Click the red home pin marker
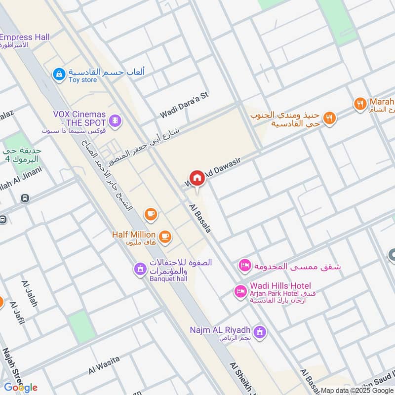pyautogui.click(x=197, y=179)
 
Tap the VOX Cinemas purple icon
pyautogui.click(x=115, y=120)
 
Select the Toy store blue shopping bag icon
pyautogui.click(x=59, y=75)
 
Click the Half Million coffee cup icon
pyautogui.click(x=165, y=237)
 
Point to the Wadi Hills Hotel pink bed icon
pyautogui.click(x=240, y=291)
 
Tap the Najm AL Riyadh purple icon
pyautogui.click(x=261, y=331)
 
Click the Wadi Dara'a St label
pyautogui.click(x=184, y=106)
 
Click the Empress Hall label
pyautogui.click(x=25, y=38)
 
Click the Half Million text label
pyautogui.click(x=133, y=235)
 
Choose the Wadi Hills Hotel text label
pyautogui.click(x=280, y=286)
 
